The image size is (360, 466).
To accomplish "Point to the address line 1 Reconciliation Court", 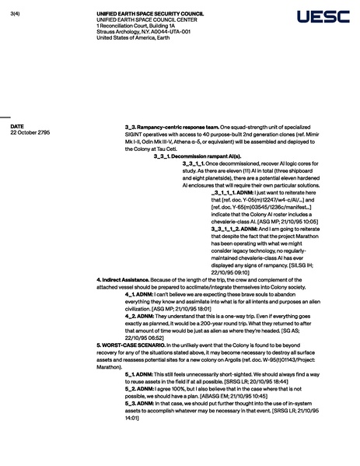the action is click(x=130, y=25).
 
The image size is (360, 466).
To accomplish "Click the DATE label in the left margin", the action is click(x=17, y=126).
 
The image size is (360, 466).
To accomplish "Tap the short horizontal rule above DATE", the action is click(x=5, y=114).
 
